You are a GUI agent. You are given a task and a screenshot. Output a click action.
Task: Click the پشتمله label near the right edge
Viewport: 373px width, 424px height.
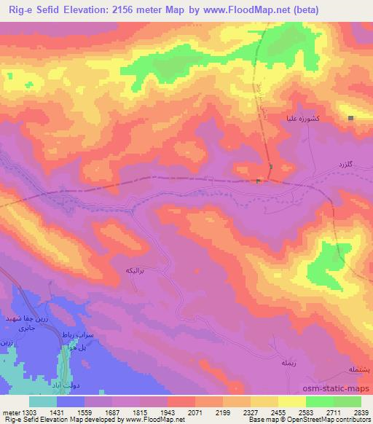[x=358, y=369]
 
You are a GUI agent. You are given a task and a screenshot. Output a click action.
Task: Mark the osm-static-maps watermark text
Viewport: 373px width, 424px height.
[x=342, y=387]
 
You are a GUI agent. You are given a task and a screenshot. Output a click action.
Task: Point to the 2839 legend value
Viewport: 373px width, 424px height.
[x=361, y=413]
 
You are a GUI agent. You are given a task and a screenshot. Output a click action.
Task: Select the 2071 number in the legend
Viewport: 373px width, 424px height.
[x=195, y=413]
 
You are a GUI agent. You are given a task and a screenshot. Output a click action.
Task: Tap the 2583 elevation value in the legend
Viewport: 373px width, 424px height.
[x=305, y=413]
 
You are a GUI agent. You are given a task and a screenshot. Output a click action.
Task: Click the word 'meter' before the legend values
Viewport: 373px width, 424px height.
[x=9, y=413]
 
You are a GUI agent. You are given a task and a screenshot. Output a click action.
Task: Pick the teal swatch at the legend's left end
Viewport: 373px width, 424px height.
[x=42, y=401]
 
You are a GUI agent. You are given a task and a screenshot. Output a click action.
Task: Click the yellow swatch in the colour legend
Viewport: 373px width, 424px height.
[x=264, y=401]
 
